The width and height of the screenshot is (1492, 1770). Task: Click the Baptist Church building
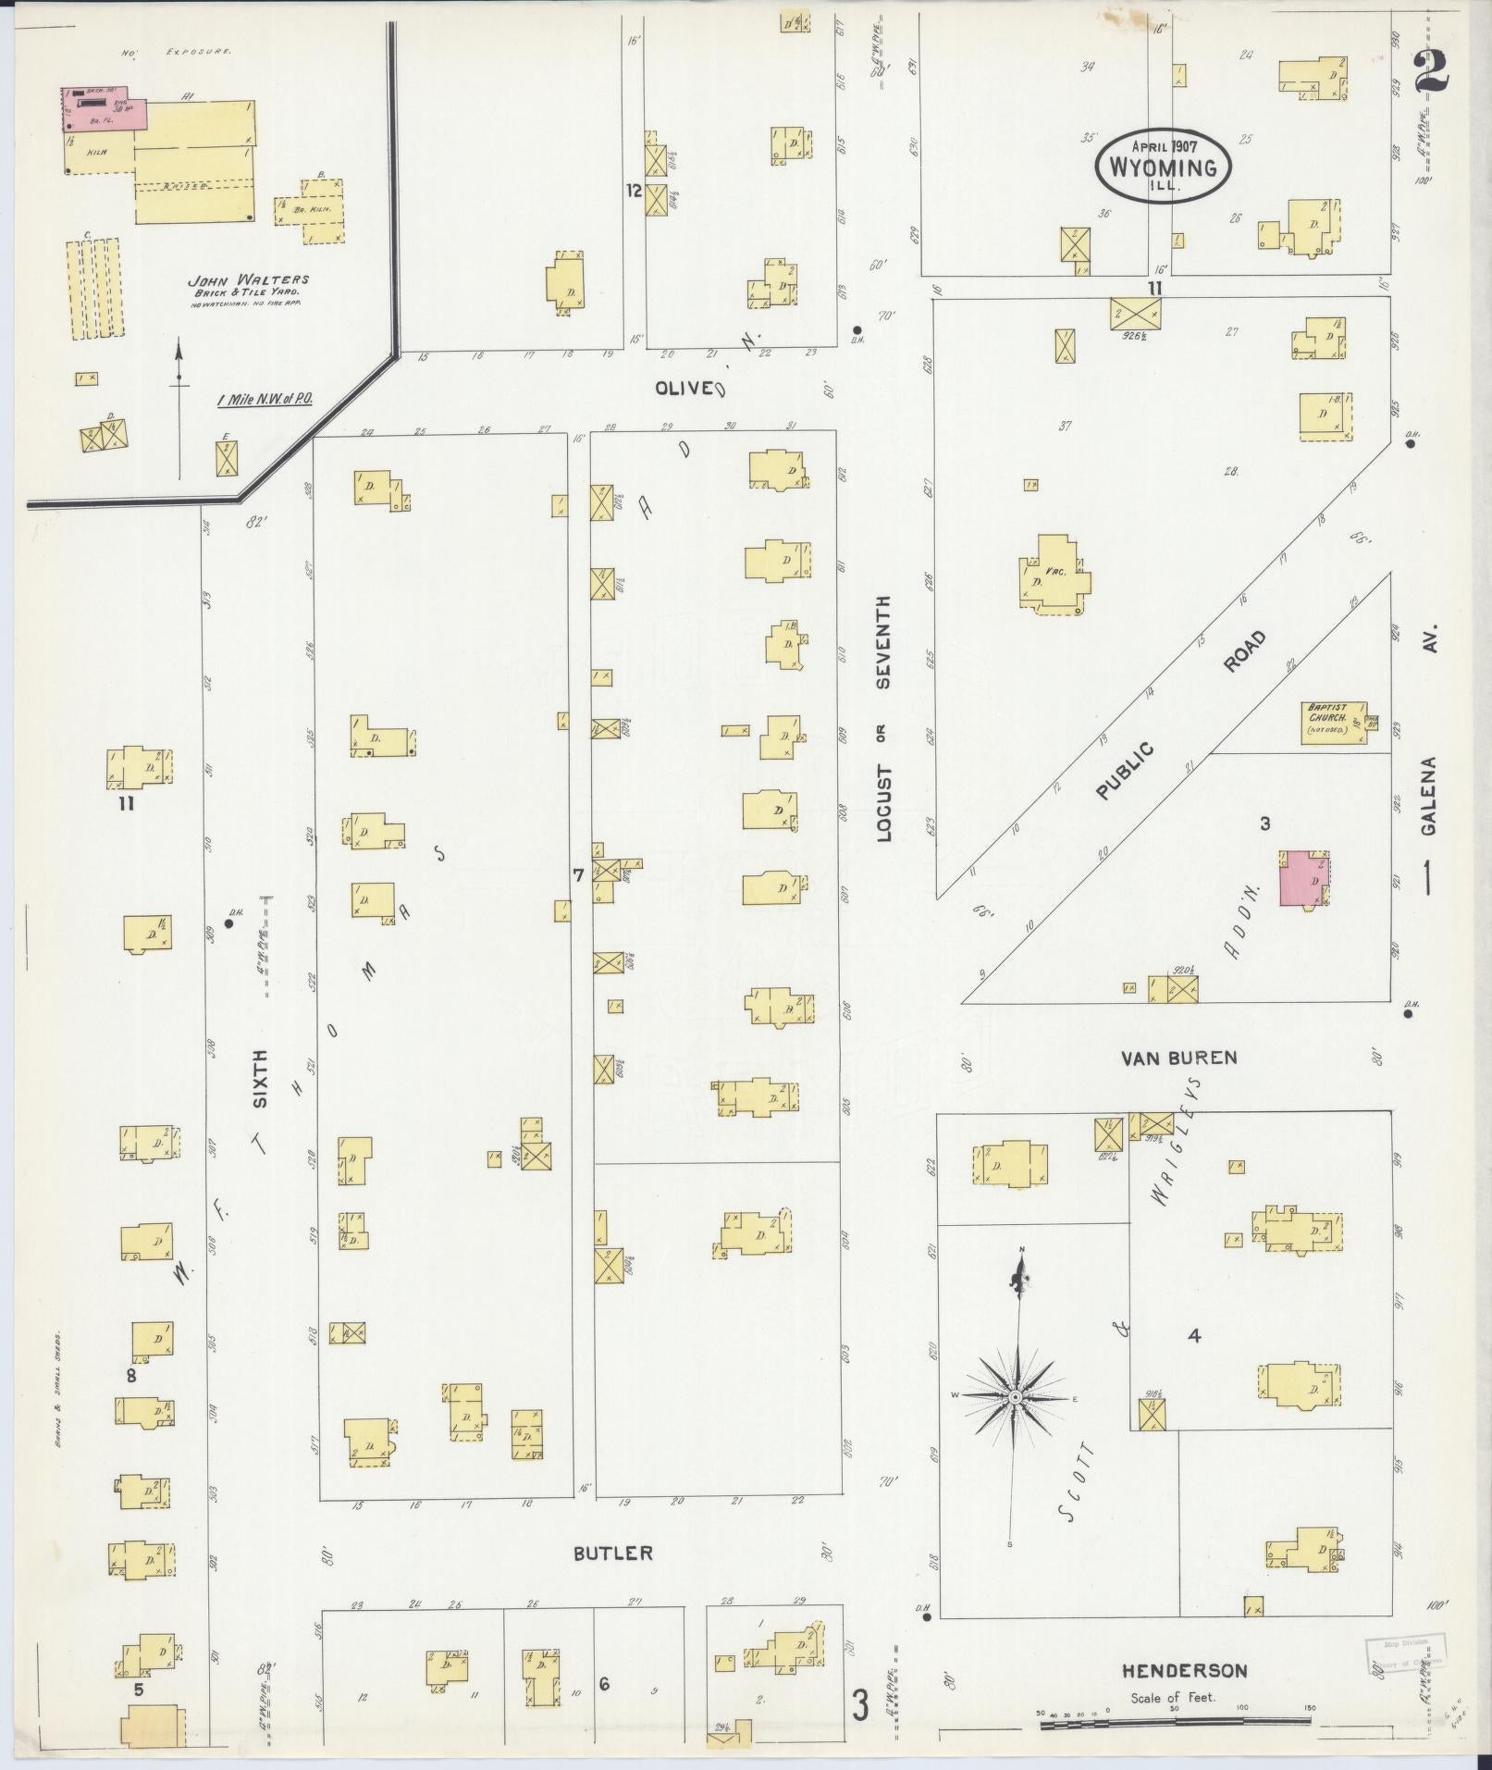pyautogui.click(x=1332, y=722)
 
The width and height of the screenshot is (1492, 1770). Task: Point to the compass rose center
pyautogui.click(x=1015, y=1396)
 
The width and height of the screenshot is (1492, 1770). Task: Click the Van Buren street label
pyautogui.click(x=1178, y=1058)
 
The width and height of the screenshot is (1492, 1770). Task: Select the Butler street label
pyautogui.click(x=612, y=1553)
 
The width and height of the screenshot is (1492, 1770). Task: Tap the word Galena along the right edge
pyautogui.click(x=1429, y=796)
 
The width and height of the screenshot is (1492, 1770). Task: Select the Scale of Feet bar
pyautogui.click(x=1175, y=1723)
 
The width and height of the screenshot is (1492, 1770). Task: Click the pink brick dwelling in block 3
pyautogui.click(x=1301, y=879)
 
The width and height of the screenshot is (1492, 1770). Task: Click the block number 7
pyautogui.click(x=578, y=874)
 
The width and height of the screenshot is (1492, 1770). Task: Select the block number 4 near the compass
pyautogui.click(x=1194, y=1335)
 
